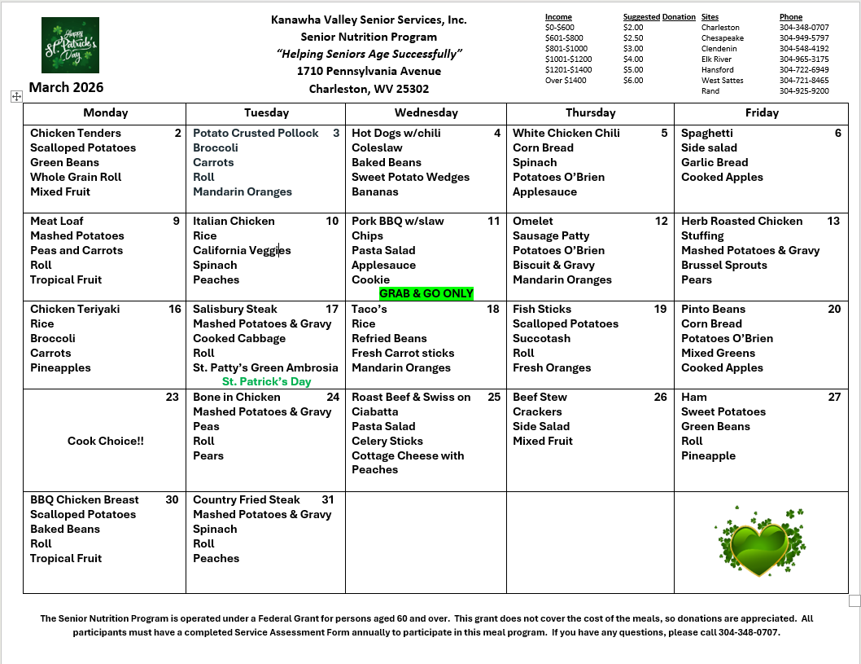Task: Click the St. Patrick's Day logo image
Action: (70, 45)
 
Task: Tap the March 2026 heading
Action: (66, 87)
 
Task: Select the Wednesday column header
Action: (426, 112)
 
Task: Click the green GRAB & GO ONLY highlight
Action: (426, 293)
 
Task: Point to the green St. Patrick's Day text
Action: (266, 381)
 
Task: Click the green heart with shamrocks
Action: (760, 542)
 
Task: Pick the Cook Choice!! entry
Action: (105, 441)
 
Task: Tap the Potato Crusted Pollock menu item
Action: (256, 133)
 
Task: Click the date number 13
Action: (833, 221)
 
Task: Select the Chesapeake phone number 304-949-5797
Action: (804, 38)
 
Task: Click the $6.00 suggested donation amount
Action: (632, 81)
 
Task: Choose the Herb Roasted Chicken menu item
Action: (741, 221)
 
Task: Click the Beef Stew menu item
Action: (540, 397)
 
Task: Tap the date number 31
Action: (328, 499)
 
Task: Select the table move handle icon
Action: (15, 96)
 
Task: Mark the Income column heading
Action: (558, 17)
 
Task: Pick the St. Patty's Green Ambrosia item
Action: (265, 367)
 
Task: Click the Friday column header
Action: (761, 112)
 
